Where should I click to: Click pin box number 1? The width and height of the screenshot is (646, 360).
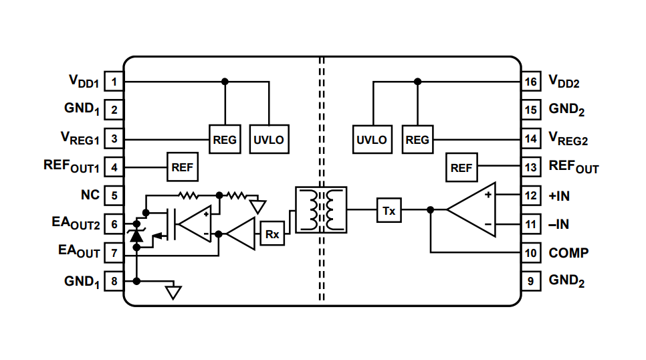point(114,82)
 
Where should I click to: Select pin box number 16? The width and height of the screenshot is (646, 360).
point(531,82)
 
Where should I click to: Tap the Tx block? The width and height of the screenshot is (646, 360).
point(389,211)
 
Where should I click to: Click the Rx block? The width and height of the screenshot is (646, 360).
point(272,234)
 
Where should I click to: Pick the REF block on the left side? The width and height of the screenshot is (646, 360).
point(182,168)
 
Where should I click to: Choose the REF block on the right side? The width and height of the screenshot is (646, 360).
point(461,168)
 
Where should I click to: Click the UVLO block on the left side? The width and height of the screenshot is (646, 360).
point(268,140)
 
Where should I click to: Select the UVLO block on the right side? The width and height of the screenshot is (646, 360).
point(371,140)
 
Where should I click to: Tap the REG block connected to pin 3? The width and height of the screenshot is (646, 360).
point(225,140)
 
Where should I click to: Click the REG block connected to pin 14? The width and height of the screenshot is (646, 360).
point(417,140)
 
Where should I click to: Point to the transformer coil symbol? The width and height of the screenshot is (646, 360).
point(321,210)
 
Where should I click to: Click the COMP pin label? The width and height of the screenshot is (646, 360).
point(568,253)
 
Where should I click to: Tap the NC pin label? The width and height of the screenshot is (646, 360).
point(90,195)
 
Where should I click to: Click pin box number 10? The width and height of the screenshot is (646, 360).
point(531,253)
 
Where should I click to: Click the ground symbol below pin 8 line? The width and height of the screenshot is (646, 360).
point(174,292)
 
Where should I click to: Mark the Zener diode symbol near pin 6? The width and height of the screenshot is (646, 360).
point(136,235)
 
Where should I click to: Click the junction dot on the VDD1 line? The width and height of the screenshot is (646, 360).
point(225,82)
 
